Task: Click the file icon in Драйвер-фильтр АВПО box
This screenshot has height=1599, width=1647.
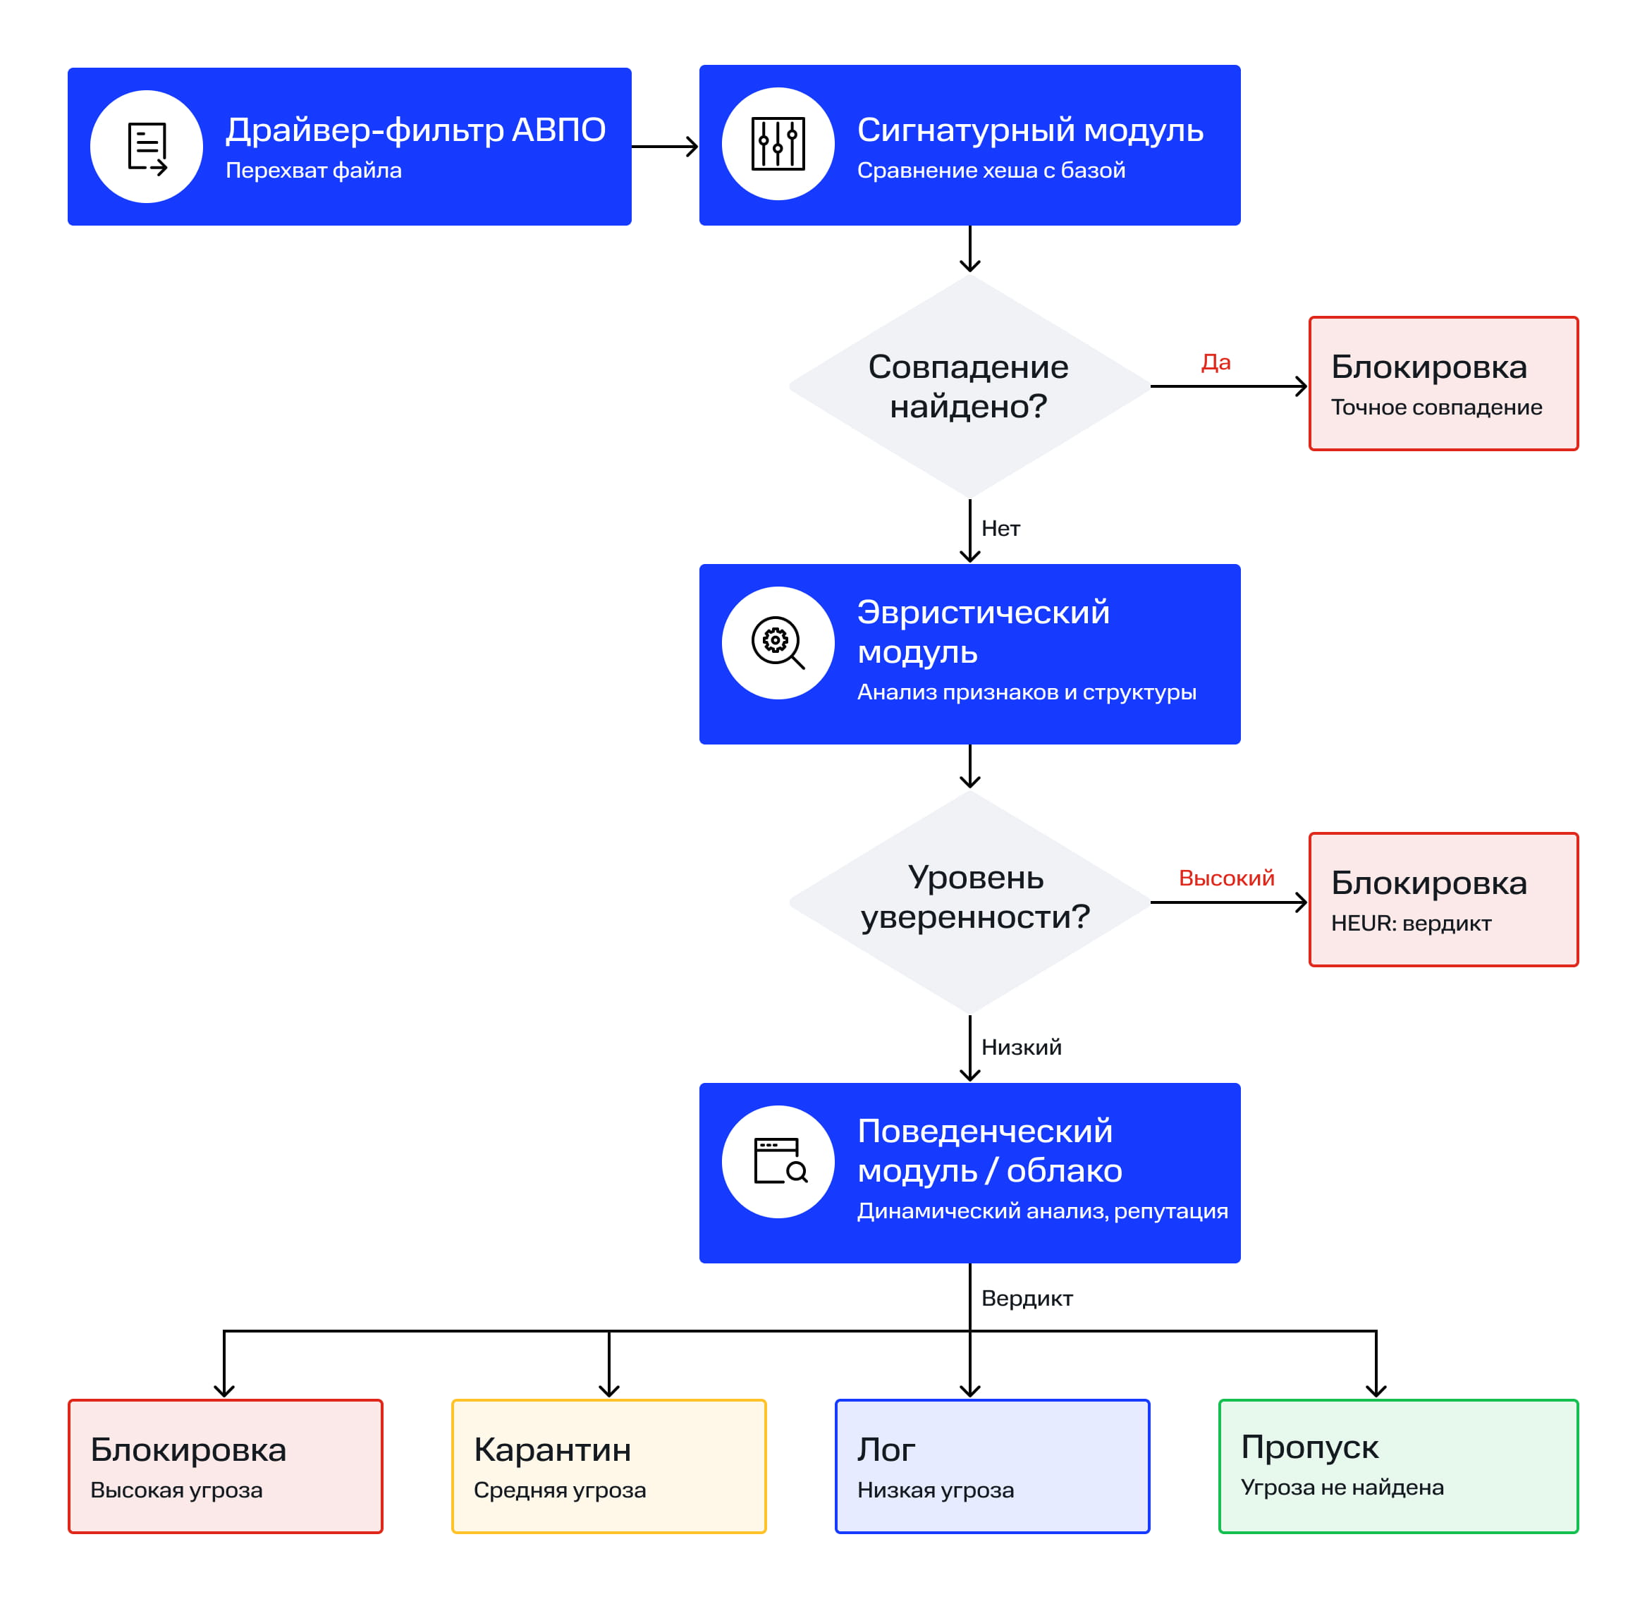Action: coord(147,148)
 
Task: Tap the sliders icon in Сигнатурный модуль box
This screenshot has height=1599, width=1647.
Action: coord(778,144)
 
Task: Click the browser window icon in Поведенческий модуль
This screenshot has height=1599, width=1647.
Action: coord(780,1161)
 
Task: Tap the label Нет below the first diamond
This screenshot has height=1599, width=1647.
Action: coord(1000,529)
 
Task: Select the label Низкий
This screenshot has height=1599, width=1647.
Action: coord(1021,1047)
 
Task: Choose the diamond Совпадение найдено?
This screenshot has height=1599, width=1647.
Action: coord(969,386)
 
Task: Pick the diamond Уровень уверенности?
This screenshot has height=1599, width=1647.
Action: coord(969,902)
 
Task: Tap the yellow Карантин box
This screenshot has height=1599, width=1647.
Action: coord(609,1466)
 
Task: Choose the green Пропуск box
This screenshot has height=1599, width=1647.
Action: coord(1398,1466)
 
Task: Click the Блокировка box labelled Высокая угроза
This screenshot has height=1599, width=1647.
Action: coord(225,1466)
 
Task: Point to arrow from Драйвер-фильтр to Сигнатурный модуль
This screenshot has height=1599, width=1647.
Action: coord(665,147)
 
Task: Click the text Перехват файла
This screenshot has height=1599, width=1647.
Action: coord(314,171)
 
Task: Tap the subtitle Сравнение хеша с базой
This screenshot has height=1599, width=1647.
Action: coord(991,171)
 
